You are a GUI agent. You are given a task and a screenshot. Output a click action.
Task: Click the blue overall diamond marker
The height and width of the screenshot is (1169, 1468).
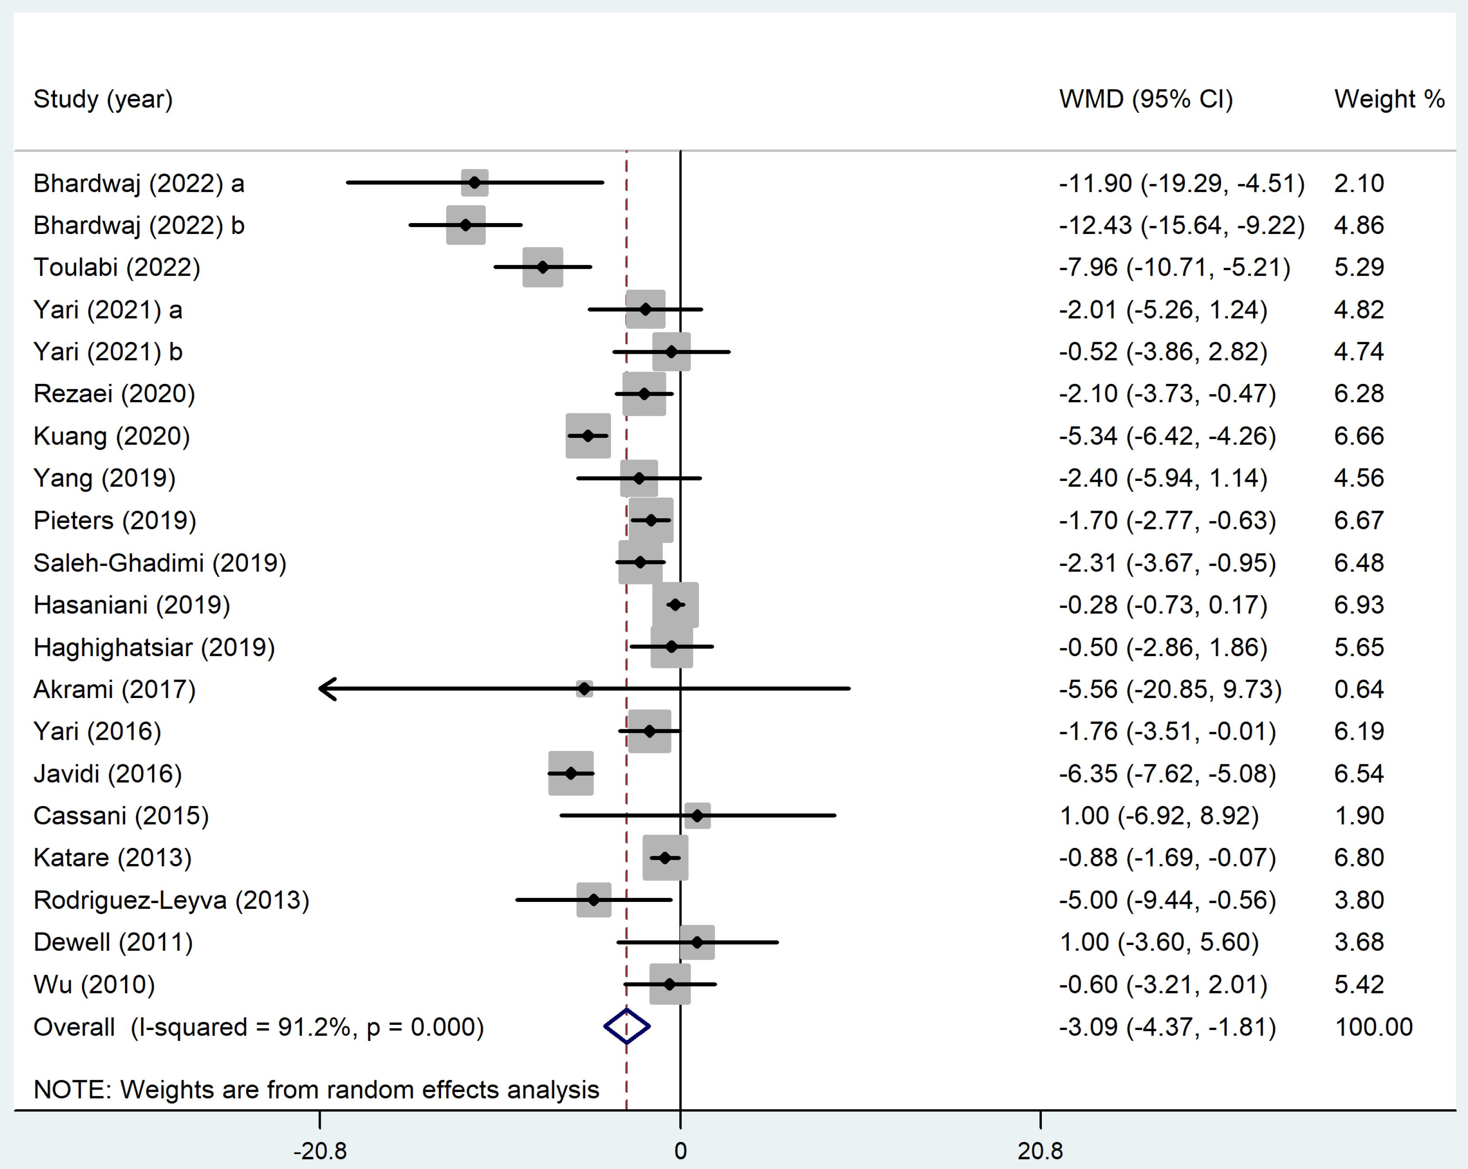(627, 1027)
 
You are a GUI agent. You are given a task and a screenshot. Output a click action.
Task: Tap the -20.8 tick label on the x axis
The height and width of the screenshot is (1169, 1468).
(320, 1151)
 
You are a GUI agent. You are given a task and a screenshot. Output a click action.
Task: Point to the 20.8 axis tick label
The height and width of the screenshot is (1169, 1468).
(1040, 1151)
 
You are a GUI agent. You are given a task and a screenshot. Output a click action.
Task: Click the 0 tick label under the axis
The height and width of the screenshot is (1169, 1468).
(680, 1151)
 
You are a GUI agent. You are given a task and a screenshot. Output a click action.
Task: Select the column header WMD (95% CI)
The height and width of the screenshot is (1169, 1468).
(1146, 99)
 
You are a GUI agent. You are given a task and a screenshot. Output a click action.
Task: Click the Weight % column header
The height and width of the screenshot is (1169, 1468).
(1389, 99)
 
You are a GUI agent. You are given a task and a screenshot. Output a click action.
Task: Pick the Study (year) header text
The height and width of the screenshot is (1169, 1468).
(103, 99)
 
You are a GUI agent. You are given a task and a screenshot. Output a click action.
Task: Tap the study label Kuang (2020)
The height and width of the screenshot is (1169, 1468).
(112, 436)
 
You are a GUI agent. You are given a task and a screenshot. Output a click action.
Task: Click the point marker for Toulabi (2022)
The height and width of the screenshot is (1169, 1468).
(542, 267)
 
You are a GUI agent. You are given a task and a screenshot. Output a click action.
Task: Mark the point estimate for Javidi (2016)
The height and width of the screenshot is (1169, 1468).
(570, 773)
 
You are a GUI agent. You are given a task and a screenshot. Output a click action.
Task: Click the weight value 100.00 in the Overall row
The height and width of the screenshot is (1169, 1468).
(1373, 1027)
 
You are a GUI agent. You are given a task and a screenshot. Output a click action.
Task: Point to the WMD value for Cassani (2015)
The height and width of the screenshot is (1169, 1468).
(1159, 816)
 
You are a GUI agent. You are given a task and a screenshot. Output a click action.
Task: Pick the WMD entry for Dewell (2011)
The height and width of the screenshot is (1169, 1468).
(1159, 942)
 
